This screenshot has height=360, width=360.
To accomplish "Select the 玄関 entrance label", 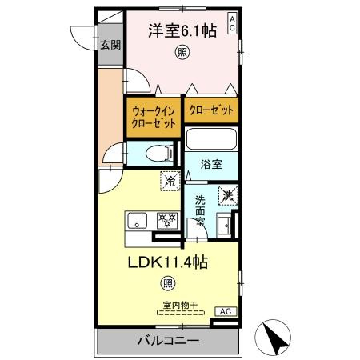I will point(110,45).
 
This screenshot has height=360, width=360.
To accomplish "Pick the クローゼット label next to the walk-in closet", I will point(212,110).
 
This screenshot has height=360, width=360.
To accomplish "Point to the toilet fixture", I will point(158,152).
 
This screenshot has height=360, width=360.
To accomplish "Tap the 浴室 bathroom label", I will point(211,165).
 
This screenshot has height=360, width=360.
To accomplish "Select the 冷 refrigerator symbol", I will point(170,181).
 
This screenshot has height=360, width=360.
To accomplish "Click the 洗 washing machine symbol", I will point(227,194).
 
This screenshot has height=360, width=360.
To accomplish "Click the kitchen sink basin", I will point(134,220).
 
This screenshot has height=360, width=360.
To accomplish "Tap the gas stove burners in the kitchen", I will point(166,219).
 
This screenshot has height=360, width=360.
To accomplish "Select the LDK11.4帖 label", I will point(168,262).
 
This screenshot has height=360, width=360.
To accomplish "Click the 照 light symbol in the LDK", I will point(167,282).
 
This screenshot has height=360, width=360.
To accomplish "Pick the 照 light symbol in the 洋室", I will point(183,54).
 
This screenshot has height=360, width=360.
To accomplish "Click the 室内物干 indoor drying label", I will point(180,304).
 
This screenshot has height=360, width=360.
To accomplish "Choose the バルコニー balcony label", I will point(166,342).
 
